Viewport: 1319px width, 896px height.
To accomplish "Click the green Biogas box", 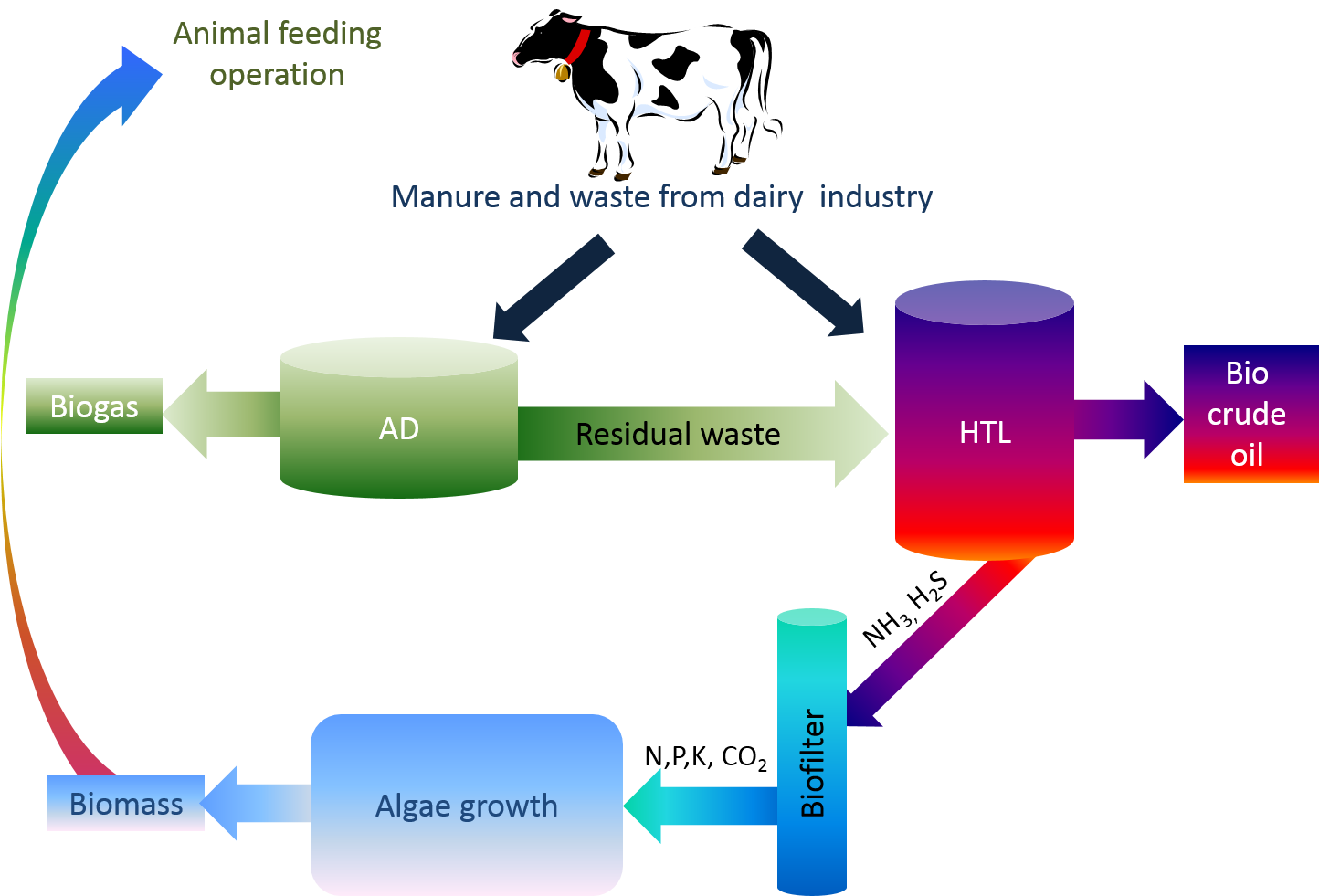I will [94, 406].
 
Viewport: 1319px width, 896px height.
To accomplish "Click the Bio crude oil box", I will [1249, 414].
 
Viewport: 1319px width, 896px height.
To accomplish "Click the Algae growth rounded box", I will [466, 805].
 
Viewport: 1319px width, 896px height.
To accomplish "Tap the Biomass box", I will [126, 804].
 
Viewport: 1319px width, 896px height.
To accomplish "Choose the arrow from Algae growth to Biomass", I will [256, 803].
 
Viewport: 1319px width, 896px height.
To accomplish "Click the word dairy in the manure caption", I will [768, 196].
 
